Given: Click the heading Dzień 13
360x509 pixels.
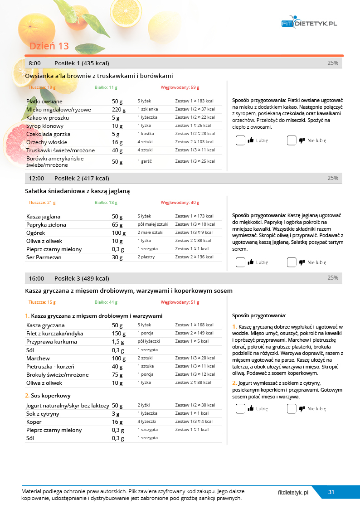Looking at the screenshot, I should coord(49,46).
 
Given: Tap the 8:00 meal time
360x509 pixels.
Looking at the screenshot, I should coord(34,63).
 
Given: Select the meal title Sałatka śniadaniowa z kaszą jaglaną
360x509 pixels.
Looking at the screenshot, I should coord(78,191).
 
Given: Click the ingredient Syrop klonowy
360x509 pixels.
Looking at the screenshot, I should coord(45,126).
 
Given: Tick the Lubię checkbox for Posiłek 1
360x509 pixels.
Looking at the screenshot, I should coord(240,141).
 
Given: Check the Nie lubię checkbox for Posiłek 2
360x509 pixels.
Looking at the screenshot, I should coord(292,262).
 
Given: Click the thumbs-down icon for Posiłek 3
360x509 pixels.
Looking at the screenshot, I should coord(302,408).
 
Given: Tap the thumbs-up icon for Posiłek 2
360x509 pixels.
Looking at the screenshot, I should coord(251,262).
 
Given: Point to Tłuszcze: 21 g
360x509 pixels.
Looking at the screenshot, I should coord(42,203).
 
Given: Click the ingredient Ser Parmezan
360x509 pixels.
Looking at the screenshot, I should coord(44,257).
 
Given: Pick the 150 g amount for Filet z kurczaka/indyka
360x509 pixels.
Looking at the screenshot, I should coord(119,334).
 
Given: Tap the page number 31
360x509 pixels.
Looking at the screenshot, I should coord(331,492).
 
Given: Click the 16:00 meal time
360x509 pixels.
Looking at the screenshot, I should coord(36,278).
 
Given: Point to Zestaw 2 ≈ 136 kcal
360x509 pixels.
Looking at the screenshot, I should coord(194,257).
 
